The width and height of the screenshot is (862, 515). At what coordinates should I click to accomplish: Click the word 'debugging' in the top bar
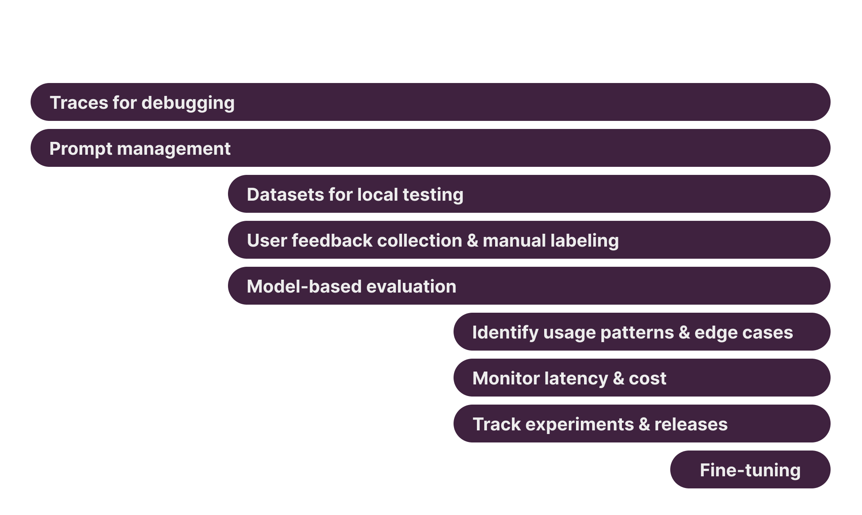(x=188, y=103)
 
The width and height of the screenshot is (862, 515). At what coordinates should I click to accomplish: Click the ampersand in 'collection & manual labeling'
(x=472, y=241)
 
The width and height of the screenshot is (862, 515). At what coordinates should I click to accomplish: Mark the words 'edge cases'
(x=744, y=333)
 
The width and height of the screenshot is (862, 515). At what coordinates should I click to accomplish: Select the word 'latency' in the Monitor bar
(x=576, y=378)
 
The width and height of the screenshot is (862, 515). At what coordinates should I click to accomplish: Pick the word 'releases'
(x=691, y=424)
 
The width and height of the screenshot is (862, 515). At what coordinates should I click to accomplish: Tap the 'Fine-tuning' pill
(x=750, y=470)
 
